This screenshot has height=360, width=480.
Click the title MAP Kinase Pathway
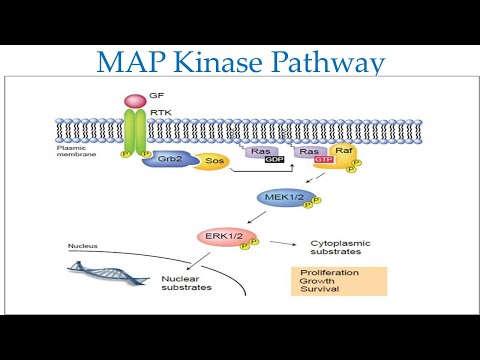(240, 64)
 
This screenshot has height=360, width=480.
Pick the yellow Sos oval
(211, 161)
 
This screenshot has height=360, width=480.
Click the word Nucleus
(85, 245)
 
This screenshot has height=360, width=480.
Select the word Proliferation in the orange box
(327, 271)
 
